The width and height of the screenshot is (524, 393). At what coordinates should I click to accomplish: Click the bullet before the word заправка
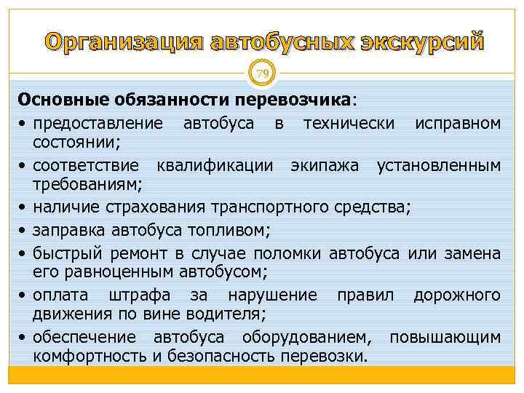[23, 232]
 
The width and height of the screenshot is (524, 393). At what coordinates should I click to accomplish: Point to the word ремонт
[142, 253]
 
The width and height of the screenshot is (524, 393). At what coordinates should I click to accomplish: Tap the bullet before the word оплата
[23, 295]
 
